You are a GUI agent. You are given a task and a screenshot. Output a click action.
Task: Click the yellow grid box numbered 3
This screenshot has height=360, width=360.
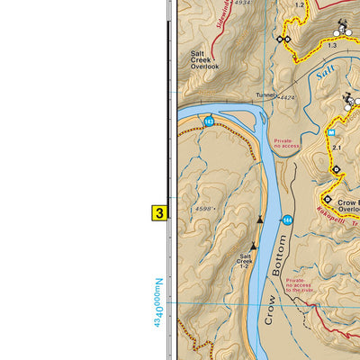pos(159,214)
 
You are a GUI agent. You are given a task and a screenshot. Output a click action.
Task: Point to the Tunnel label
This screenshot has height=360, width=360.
pos(265,95)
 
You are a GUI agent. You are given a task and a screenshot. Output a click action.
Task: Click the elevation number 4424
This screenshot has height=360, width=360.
pos(287,97)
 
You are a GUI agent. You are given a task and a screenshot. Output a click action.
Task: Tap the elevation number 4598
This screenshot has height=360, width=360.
pos(206,209)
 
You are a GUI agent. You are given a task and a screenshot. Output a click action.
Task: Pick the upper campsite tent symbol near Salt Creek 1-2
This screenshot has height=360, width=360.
pos(260,219)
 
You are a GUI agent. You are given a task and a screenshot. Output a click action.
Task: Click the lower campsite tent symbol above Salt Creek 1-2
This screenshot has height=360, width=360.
pos(253,246)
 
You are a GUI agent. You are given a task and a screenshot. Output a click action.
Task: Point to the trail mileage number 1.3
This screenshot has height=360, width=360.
pos(332,45)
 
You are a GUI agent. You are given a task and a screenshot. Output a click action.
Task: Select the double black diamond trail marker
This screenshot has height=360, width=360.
pos(284,40)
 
